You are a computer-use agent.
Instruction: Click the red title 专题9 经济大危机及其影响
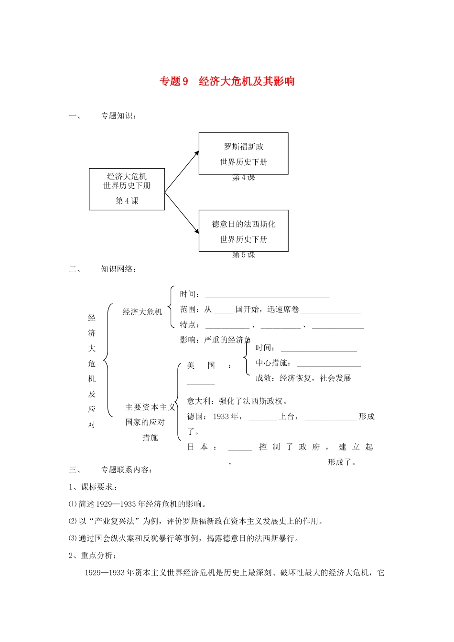click(x=227, y=82)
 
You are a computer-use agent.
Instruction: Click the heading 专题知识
click(x=118, y=116)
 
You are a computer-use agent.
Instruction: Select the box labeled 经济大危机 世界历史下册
click(x=127, y=189)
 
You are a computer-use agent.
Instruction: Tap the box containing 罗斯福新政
click(x=243, y=153)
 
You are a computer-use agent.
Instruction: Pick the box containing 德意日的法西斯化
click(x=243, y=231)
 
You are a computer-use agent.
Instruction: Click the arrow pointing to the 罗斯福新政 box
click(x=182, y=171)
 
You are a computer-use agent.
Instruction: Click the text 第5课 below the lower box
click(x=244, y=255)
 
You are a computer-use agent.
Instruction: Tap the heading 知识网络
click(x=118, y=269)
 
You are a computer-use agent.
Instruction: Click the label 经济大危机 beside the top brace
click(x=142, y=312)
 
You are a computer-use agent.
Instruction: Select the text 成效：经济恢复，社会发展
click(x=303, y=378)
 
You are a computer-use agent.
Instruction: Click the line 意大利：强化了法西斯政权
click(x=237, y=401)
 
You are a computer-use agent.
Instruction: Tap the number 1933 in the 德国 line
click(x=221, y=417)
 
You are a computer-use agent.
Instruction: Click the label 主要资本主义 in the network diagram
click(x=150, y=407)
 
